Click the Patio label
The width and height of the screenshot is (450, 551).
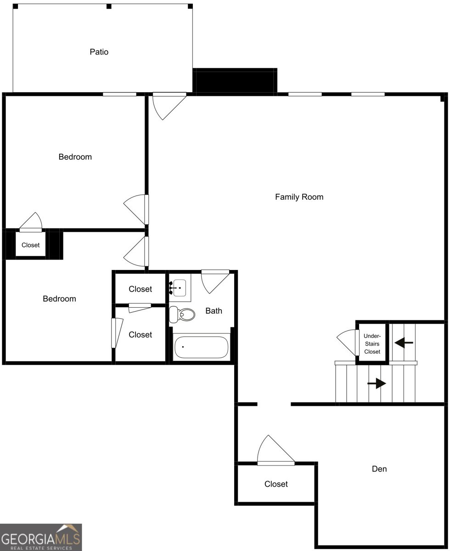tap(99, 52)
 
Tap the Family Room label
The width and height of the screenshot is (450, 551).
tap(299, 197)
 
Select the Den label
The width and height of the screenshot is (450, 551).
tap(379, 469)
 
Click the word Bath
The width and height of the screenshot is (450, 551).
tap(214, 311)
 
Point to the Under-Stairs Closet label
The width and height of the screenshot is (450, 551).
tap(372, 344)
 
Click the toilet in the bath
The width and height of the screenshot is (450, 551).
tap(181, 315)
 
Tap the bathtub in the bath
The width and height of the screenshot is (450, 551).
tap(201, 348)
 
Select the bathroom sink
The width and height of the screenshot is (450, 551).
tap(179, 287)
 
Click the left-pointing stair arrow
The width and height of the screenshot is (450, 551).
tap(404, 342)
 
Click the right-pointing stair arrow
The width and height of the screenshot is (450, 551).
tap(377, 383)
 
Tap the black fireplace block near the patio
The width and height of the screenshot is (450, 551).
tap(235, 80)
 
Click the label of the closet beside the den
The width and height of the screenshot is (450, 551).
tap(276, 484)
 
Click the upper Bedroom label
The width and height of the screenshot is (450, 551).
tap(75, 157)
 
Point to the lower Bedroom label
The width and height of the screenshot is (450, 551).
tap(59, 299)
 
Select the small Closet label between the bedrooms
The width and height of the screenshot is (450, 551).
tap(31, 245)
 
